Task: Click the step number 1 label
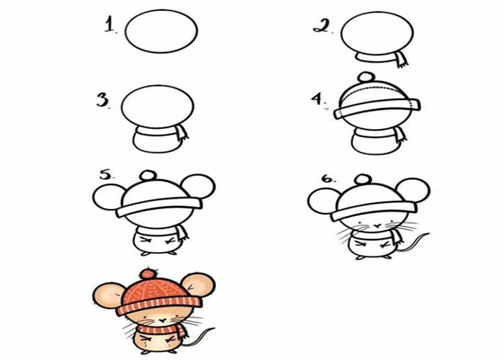tap(110, 24)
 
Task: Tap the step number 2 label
tap(322, 26)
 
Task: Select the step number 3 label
tap(103, 100)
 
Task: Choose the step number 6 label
tap(328, 179)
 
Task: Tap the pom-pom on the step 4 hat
tap(366, 77)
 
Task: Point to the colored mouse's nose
tap(163, 320)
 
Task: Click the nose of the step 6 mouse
tap(378, 226)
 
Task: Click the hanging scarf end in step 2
tap(401, 60)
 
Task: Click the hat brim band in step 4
tap(377, 109)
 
